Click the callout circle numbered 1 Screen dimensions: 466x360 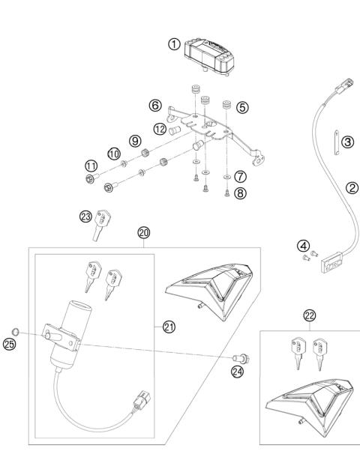[174, 44]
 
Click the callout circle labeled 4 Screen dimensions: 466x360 [302, 246]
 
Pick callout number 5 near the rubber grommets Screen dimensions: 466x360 [241, 107]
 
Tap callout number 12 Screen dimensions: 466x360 [159, 128]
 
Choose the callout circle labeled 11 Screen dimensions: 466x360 [90, 166]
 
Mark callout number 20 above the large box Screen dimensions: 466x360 [144, 232]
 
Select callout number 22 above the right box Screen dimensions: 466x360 [310, 317]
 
